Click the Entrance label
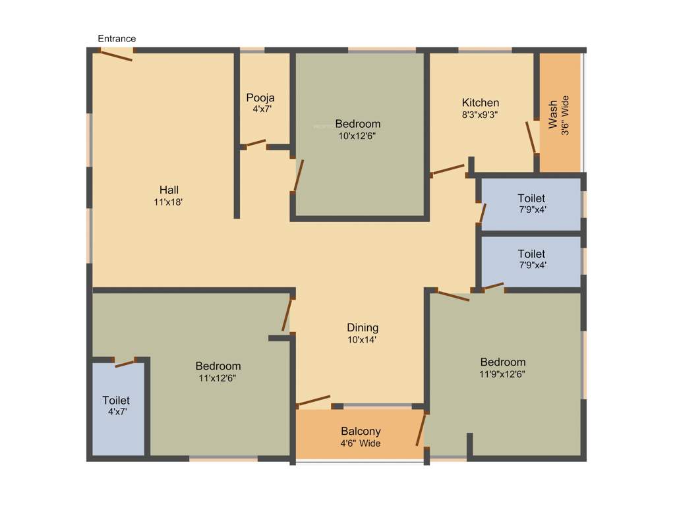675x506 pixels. click(117, 39)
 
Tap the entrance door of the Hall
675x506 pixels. click(113, 56)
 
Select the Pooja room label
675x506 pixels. click(260, 98)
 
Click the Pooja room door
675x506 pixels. click(256, 143)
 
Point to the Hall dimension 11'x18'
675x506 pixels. click(168, 202)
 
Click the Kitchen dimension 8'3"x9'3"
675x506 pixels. click(480, 114)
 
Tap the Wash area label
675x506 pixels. click(552, 115)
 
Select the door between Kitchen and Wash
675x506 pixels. click(531, 137)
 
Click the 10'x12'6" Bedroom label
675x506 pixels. click(357, 124)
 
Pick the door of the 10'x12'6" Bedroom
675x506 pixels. click(298, 176)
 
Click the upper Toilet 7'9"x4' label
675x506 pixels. click(531, 198)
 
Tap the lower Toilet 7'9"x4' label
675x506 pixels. click(531, 254)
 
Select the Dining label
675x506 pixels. click(363, 327)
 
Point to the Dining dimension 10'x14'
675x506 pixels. click(363, 340)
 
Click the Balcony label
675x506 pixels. click(361, 432)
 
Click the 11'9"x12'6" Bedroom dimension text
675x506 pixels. click(502, 374)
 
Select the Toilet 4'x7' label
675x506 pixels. click(116, 400)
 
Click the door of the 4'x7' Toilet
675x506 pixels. click(125, 362)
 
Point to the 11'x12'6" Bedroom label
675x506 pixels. click(218, 366)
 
